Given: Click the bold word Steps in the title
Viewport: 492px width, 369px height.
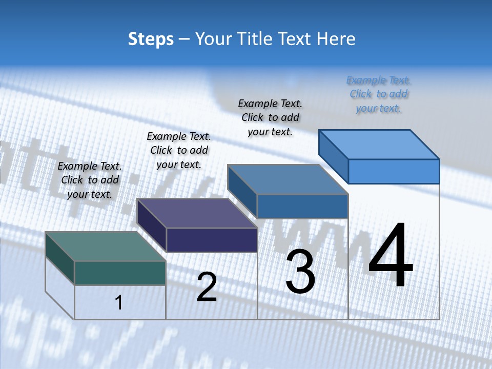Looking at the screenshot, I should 150,39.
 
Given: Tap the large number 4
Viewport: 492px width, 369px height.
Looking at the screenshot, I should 391,256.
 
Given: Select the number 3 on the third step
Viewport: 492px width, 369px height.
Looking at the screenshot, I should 300,272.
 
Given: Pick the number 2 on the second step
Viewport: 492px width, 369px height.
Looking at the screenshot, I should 207,287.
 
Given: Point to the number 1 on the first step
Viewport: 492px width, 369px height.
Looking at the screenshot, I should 119,303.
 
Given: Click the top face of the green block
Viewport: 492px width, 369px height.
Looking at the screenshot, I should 105,247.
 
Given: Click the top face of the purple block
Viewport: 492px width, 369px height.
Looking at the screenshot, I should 197,213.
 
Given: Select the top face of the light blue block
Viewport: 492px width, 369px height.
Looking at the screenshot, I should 379,145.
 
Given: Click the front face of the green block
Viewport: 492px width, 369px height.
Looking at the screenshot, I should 120,273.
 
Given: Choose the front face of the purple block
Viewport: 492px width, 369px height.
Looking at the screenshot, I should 212,240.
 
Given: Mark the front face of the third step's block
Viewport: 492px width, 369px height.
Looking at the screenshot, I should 302,206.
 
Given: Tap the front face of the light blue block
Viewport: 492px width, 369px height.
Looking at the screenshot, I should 394,171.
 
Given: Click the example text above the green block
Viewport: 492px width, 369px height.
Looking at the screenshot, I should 90,180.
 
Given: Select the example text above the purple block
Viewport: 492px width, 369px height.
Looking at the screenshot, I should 179,150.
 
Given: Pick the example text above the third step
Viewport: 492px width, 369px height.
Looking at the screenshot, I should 270,117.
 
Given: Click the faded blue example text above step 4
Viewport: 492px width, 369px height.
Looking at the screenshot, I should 379,94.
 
